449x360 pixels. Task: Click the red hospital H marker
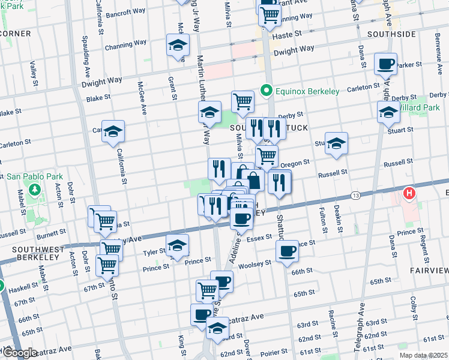(x=409, y=193)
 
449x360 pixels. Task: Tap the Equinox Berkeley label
(x=307, y=92)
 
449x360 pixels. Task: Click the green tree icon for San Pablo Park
(x=35, y=190)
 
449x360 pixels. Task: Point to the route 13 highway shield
(x=356, y=196)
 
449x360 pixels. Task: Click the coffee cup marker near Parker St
(x=386, y=64)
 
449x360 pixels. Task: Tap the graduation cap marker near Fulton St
(x=337, y=143)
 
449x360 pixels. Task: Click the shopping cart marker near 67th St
(x=107, y=265)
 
